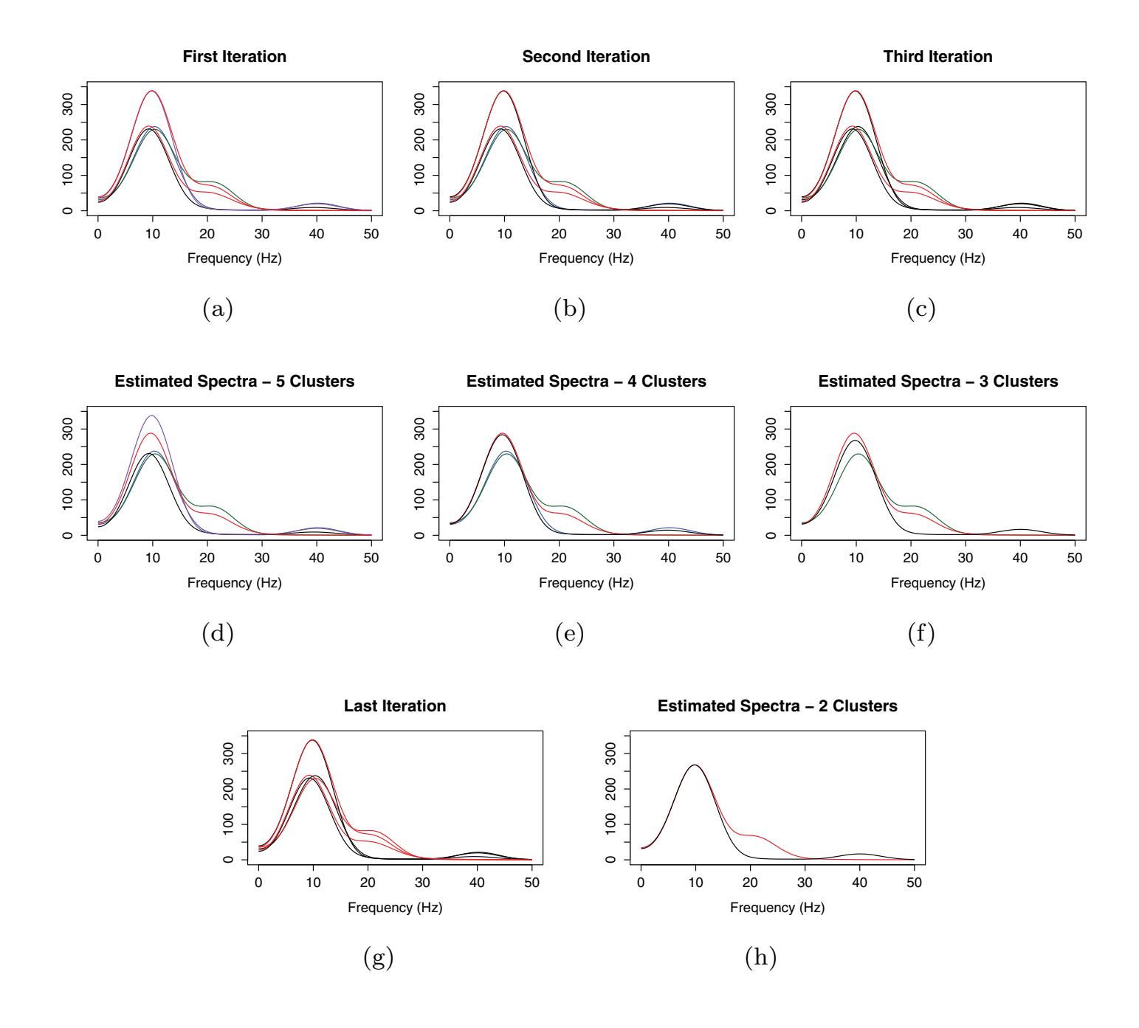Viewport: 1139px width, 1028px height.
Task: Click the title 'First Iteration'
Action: pos(234,57)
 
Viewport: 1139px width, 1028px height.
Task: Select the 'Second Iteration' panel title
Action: pos(586,57)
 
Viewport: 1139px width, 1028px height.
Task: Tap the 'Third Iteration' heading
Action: pos(937,57)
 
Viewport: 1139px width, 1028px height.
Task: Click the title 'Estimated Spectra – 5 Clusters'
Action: pos(234,382)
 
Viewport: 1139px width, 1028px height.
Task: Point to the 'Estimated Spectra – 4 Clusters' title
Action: pos(586,382)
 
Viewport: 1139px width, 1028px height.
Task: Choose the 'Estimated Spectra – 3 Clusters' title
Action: pos(937,382)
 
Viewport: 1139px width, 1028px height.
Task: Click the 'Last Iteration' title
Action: pos(395,706)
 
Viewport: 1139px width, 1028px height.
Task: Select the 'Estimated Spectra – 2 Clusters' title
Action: pos(777,706)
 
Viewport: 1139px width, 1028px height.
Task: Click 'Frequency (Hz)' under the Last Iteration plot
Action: pos(395,908)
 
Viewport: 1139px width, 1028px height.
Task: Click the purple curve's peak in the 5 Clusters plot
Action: pos(153,415)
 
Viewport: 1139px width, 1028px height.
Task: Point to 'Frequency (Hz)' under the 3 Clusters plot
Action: pos(937,583)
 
